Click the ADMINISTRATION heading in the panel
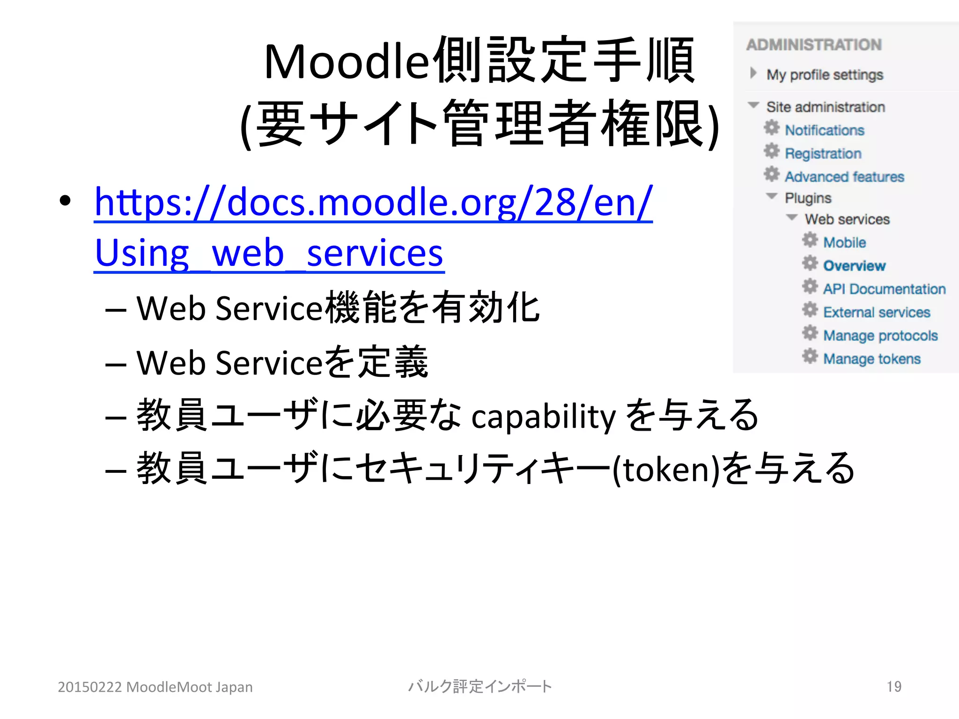coord(814,45)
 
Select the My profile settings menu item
coord(825,75)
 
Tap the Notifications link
coord(825,130)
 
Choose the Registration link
coord(823,154)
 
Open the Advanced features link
coord(844,177)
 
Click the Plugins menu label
coord(808,198)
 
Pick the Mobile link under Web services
coord(845,242)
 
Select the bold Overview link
coord(855,266)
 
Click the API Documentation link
coord(885,289)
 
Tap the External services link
coord(877,312)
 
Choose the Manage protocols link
coord(880,336)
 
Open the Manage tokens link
coord(872,359)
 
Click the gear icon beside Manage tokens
coord(810,356)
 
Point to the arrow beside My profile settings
coord(753,73)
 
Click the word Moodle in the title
coord(347,62)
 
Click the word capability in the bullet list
coord(543,416)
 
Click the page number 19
coord(894,687)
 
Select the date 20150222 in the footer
coord(90,687)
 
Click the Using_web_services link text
coord(269,253)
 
